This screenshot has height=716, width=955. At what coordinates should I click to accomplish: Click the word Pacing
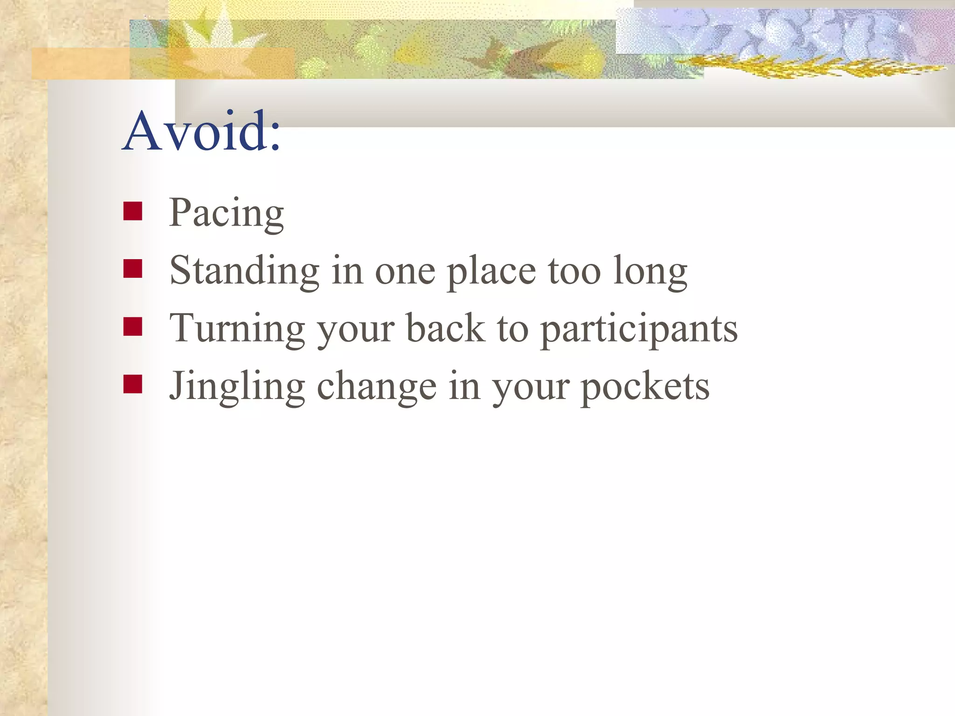tap(226, 213)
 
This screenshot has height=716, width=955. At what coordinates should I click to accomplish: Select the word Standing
tap(244, 271)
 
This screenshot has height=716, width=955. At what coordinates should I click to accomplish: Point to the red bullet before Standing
tap(133, 268)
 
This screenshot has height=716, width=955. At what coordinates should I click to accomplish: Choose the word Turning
tap(237, 329)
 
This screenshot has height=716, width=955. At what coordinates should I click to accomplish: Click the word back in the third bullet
tap(445, 328)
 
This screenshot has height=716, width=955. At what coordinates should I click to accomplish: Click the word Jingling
tap(237, 387)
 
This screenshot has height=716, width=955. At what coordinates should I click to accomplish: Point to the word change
tap(377, 387)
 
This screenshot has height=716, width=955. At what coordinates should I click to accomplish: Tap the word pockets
tap(644, 387)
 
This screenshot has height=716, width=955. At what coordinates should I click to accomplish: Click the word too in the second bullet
tap(574, 271)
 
